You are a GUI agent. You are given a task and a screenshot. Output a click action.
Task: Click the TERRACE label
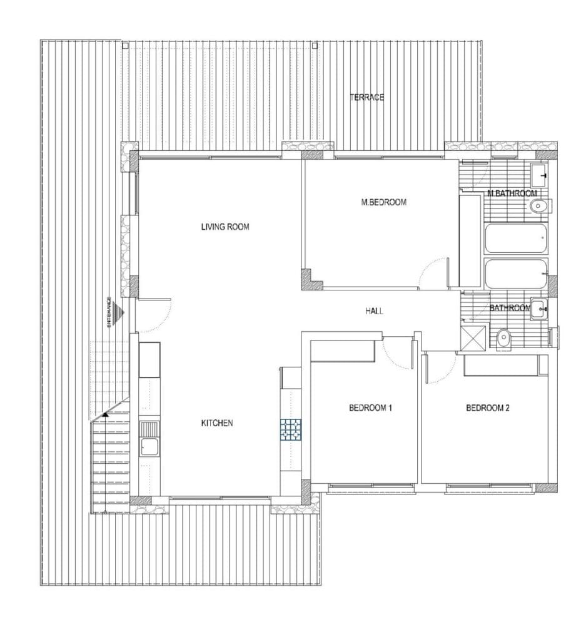click(x=366, y=97)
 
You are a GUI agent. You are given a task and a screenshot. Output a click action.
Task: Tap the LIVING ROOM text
click(x=225, y=227)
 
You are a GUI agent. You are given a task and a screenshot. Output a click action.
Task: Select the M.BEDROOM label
click(x=384, y=202)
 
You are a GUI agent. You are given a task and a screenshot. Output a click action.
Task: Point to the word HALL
click(x=374, y=311)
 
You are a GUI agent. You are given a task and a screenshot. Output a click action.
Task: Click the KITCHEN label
click(x=217, y=423)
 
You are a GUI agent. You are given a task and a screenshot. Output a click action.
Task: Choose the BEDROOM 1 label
click(x=370, y=408)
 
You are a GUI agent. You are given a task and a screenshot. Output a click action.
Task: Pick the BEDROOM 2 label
click(x=488, y=408)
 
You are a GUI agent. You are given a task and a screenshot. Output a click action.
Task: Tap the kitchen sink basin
click(x=149, y=447)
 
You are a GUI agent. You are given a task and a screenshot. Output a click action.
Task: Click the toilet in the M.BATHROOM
click(x=538, y=207)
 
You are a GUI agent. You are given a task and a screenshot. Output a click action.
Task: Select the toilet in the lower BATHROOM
click(x=504, y=339)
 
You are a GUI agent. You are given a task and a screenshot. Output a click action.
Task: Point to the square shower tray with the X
click(x=473, y=338)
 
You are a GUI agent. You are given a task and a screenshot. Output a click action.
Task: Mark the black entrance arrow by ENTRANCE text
click(x=118, y=311)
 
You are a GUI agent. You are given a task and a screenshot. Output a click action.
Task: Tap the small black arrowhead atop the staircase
click(x=105, y=414)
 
